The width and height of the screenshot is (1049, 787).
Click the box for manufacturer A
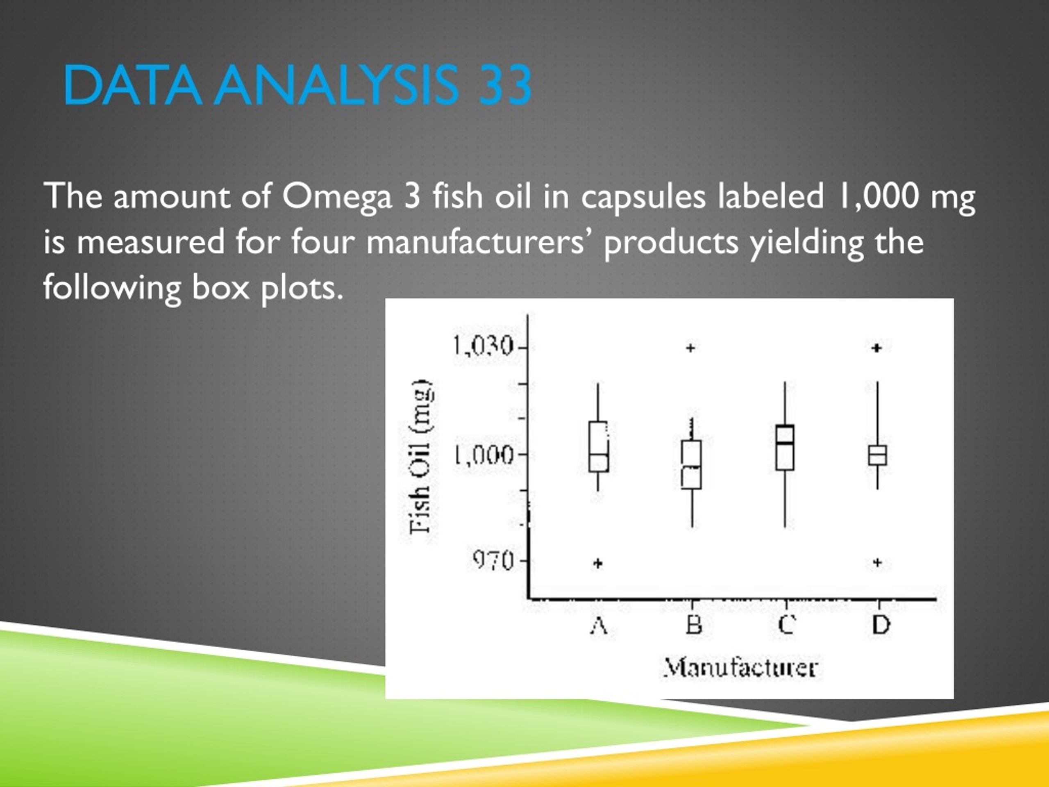point(599,446)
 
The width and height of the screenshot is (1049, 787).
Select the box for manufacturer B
point(691,464)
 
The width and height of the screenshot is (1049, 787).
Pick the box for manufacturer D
point(877,455)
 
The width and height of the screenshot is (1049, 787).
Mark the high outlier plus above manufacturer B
point(691,348)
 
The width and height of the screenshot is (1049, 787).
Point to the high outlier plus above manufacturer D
point(877,348)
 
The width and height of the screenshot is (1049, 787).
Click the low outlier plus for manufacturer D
point(877,563)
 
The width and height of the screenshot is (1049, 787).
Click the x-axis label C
point(786,625)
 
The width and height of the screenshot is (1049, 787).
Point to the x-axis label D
point(881,625)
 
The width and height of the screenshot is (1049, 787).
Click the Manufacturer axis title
point(740,668)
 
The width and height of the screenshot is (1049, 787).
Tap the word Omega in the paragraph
point(337,196)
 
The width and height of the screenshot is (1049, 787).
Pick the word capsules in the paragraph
point(643,196)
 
